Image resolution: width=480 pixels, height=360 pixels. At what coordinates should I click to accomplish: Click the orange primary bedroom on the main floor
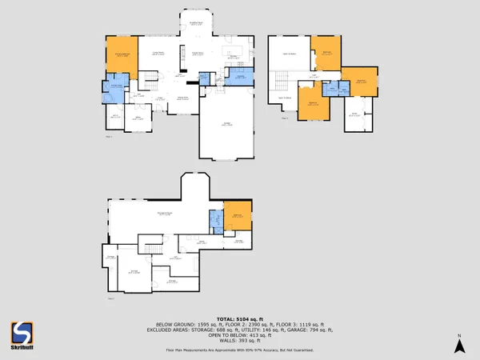click(123, 55)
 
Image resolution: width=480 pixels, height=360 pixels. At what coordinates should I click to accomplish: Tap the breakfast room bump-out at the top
click(194, 23)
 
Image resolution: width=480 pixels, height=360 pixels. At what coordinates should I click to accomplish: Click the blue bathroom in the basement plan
click(215, 221)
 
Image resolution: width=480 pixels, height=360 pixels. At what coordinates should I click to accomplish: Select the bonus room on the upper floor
click(360, 115)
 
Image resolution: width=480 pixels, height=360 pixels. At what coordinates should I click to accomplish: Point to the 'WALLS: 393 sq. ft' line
click(240, 339)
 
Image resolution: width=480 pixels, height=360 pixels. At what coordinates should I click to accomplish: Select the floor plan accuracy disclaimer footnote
click(240, 350)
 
